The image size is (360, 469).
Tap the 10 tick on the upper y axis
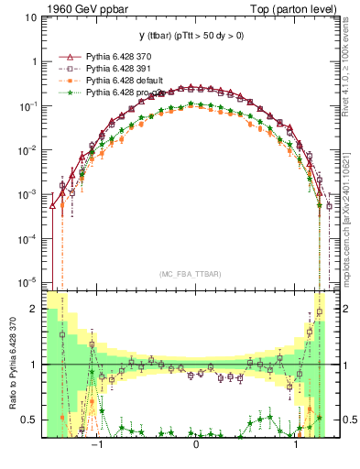point(30,18)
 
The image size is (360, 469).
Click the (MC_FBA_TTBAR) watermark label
point(195,275)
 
